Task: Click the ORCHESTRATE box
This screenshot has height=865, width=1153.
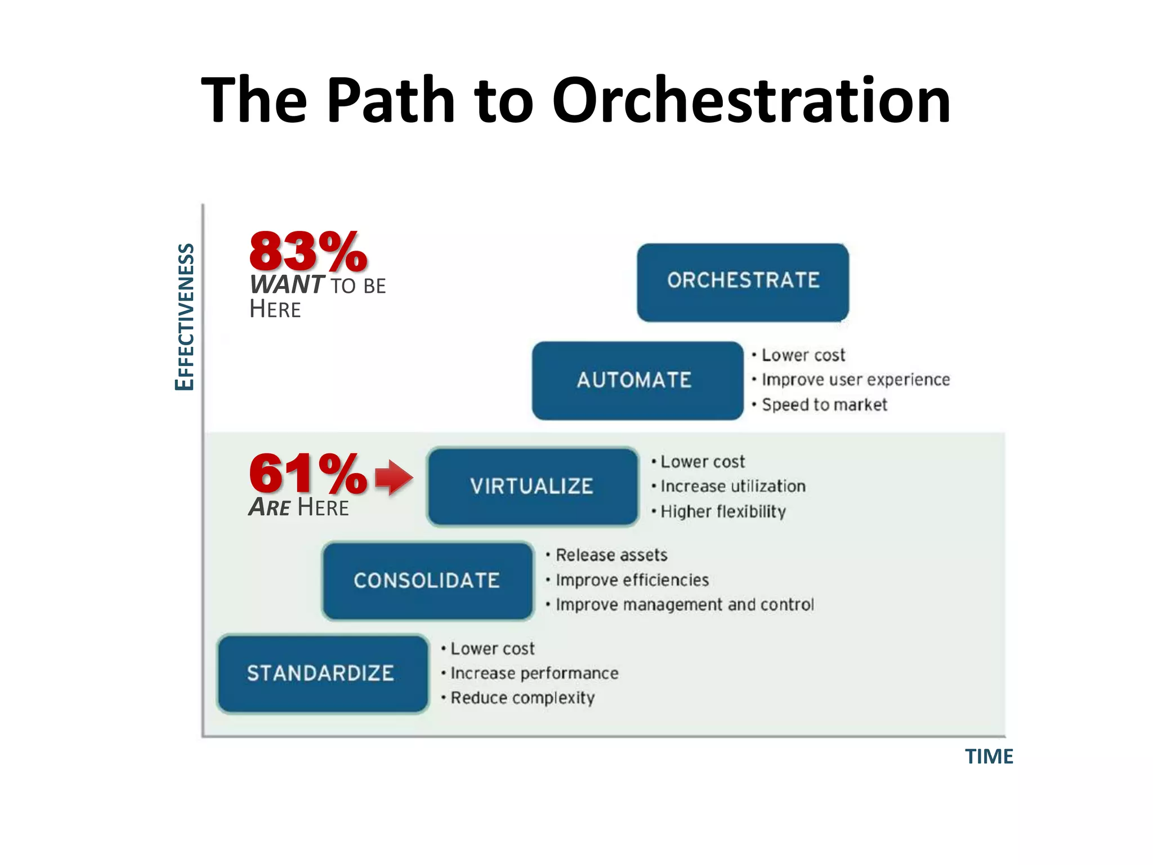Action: [x=743, y=282]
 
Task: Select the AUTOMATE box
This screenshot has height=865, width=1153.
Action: [x=637, y=381]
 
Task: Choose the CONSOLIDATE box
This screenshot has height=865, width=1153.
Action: [x=427, y=581]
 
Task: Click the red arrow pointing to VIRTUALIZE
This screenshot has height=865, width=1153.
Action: [x=394, y=478]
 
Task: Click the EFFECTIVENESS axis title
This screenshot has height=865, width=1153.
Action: [x=185, y=316]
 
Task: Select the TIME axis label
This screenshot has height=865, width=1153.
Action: [x=989, y=756]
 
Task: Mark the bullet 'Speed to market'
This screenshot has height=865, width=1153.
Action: [x=824, y=405]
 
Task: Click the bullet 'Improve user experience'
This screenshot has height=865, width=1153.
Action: [x=855, y=380]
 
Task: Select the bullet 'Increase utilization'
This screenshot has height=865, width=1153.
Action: [x=732, y=487]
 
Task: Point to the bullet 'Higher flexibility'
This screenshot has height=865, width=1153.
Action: [x=722, y=512]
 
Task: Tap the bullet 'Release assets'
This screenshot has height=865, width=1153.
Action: [x=611, y=555]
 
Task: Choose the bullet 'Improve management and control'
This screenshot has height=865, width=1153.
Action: [x=684, y=605]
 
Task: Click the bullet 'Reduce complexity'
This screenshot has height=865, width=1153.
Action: [x=522, y=698]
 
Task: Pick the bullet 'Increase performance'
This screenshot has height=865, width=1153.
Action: [x=534, y=674]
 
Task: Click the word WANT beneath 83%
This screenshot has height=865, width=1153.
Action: [x=287, y=285]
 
